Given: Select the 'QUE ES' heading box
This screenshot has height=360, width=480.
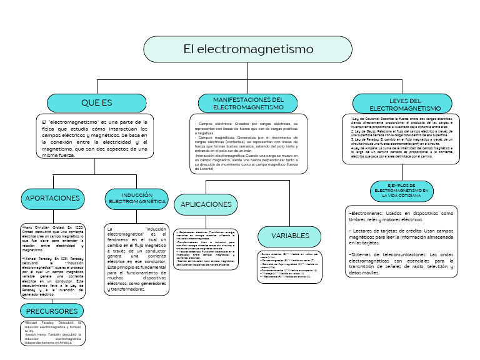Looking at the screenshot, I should [x=97, y=102].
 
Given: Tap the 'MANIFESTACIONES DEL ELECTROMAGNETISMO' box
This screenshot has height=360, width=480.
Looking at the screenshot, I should [x=248, y=104].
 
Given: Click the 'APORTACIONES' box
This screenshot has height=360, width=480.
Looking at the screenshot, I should [x=53, y=198].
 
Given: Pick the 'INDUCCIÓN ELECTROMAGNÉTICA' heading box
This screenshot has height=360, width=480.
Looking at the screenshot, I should [x=137, y=198].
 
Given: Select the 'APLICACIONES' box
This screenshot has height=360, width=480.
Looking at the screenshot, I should [x=206, y=204].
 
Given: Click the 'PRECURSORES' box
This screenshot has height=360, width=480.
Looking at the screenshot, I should [x=51, y=311].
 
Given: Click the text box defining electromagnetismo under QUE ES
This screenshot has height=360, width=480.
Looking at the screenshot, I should [x=93, y=136].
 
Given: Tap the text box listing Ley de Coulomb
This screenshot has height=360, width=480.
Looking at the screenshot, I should [x=401, y=138].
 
